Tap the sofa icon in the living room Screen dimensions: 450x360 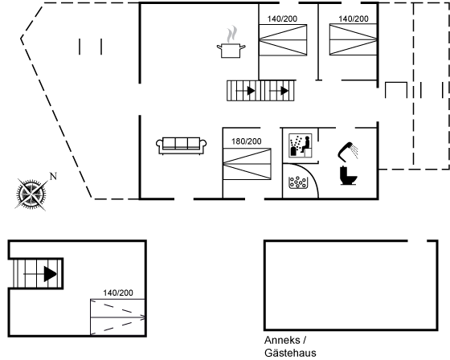click(181, 145)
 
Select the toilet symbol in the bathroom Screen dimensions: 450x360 click(348, 175)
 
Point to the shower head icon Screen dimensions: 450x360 click(348, 150)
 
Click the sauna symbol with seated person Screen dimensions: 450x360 click(301, 145)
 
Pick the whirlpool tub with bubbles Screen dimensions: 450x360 click(298, 182)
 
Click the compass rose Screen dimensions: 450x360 click(31, 194)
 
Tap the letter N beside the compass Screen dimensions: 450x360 click(53, 176)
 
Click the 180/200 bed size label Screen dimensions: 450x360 click(247, 141)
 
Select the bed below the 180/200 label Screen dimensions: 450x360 click(247, 164)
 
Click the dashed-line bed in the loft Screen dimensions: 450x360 click(117, 317)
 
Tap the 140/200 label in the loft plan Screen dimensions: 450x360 click(118, 292)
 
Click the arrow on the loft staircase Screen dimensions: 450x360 click(40, 274)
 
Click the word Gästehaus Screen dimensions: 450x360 click(290, 353)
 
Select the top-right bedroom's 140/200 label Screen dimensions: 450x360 click(354, 18)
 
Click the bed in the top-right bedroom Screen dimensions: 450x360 click(354, 39)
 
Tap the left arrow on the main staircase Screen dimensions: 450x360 click(245, 91)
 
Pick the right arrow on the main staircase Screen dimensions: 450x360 click(279, 91)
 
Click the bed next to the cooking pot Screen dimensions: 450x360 click(283, 39)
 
